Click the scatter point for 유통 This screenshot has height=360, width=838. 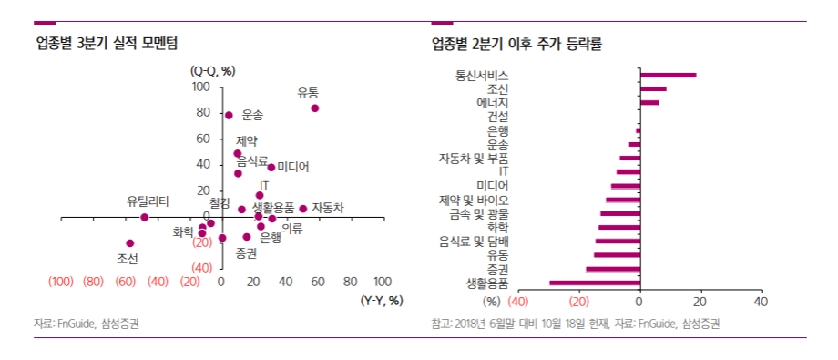coord(315,108)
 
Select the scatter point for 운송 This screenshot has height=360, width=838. coord(229,116)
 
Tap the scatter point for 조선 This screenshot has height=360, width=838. coord(130,243)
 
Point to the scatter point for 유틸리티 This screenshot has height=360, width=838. coord(145,218)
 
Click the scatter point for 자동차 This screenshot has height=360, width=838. coord(303,209)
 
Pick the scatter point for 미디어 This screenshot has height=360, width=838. coord(271,168)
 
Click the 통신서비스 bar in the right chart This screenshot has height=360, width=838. coord(669,76)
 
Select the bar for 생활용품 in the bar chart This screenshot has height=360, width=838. coord(595,283)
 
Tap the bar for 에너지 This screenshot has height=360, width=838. coord(649,103)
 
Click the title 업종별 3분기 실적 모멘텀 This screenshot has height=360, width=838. coord(107,43)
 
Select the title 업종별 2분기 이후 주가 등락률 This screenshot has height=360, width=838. coord(516,43)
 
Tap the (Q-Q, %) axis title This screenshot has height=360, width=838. coord(212,71)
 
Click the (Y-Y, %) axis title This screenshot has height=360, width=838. coord(382,300)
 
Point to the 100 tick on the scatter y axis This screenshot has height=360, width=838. coord(200,87)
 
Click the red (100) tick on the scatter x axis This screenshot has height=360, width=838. coord(61,282)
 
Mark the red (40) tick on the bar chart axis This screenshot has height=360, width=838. coord(518,302)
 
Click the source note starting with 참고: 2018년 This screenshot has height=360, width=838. coord(575,324)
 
